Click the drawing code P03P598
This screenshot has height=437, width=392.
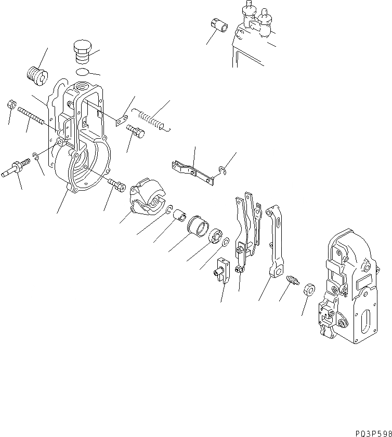click(x=370, y=432)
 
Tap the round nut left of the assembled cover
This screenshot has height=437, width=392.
click(x=307, y=289)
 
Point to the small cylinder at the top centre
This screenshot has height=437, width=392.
click(x=218, y=25)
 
